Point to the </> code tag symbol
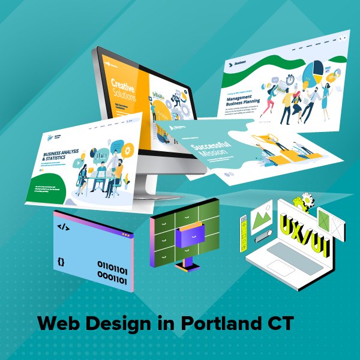coord(63,227)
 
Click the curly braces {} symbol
coord(61,262)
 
